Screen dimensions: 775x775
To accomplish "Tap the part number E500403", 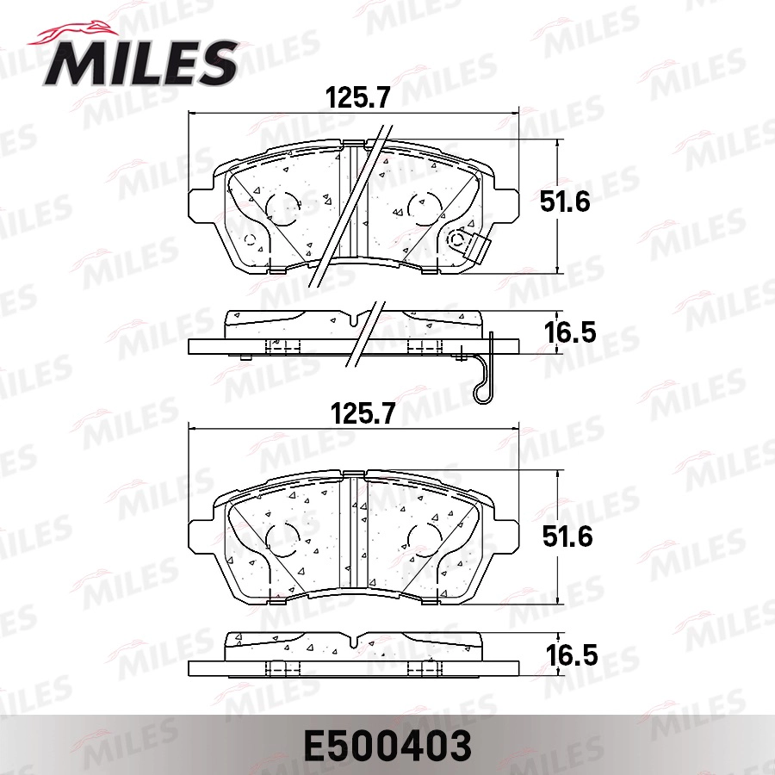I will (x=387, y=744).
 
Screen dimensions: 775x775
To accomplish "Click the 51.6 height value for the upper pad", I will (x=566, y=202).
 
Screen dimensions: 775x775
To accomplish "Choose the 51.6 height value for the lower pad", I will (x=566, y=536).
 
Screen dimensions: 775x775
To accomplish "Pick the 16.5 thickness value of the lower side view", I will (x=569, y=656).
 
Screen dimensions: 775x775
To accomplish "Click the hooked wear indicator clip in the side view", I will (x=485, y=370).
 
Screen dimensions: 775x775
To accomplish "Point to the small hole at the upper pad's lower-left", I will (x=250, y=239).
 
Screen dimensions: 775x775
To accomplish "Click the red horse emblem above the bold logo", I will (x=82, y=31).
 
